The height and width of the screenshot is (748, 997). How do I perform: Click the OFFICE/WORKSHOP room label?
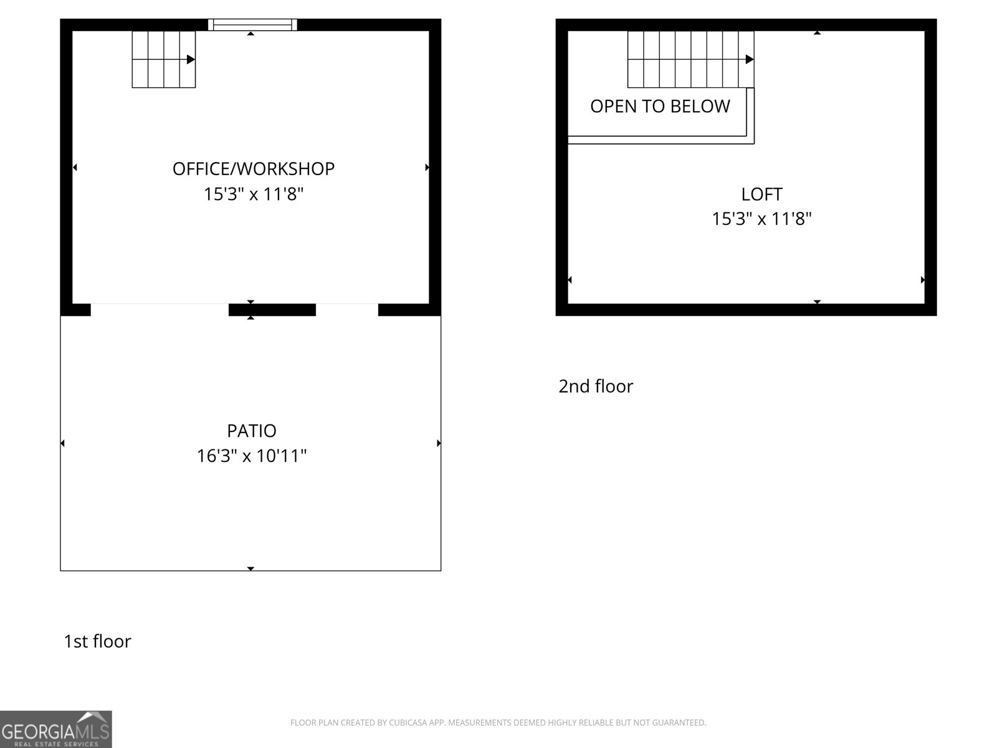(x=253, y=169)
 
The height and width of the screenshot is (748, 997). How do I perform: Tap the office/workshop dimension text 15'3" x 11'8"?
(x=253, y=194)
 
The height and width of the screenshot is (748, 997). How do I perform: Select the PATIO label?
(x=251, y=431)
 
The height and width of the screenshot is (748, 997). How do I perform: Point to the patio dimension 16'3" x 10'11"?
(x=252, y=456)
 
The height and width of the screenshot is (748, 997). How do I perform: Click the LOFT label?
(x=761, y=194)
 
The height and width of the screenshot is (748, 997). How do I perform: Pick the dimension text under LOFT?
(x=761, y=219)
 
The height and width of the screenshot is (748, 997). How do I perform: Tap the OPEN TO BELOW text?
(x=660, y=107)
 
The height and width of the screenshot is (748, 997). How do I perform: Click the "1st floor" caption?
(x=97, y=641)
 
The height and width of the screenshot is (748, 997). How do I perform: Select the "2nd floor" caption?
(x=596, y=386)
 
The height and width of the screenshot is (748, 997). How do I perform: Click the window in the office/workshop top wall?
(x=252, y=25)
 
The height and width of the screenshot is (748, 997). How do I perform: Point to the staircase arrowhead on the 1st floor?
(x=191, y=60)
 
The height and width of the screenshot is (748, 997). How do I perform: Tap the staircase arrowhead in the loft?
(x=750, y=60)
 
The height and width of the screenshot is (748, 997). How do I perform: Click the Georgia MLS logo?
(x=55, y=729)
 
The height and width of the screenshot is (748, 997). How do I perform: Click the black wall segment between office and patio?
(x=272, y=310)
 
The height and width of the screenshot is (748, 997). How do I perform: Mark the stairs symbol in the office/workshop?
(x=163, y=59)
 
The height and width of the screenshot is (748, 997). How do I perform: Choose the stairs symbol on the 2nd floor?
(x=690, y=59)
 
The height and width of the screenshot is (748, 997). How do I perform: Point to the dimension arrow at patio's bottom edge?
(x=250, y=568)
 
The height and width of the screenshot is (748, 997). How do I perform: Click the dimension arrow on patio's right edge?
(x=439, y=443)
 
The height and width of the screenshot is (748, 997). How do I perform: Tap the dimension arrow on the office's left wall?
(x=75, y=167)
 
